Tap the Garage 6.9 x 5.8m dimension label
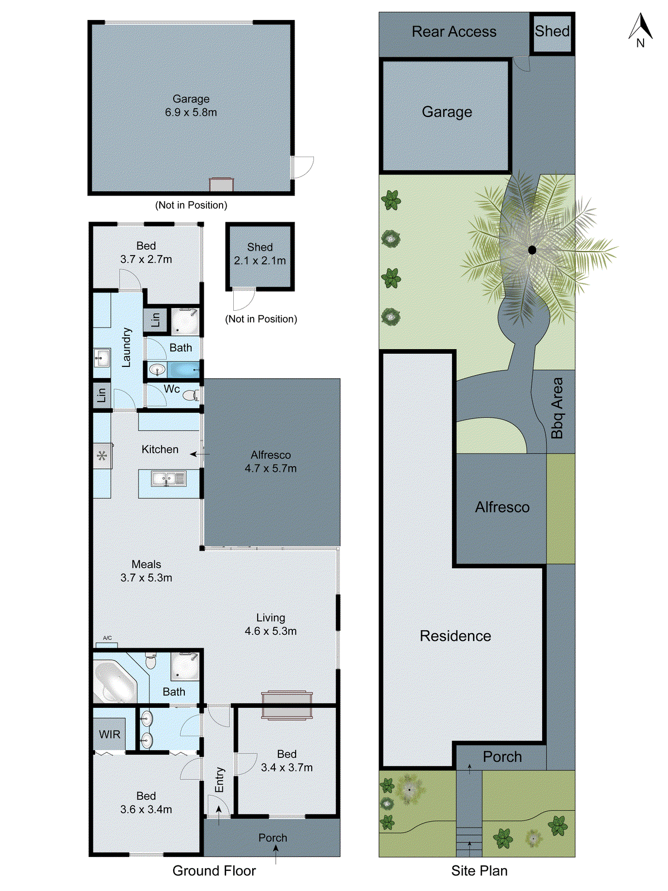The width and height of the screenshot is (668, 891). coord(191,106)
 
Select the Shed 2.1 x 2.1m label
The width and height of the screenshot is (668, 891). coord(259,254)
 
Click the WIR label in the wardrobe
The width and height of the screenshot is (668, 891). coord(110,735)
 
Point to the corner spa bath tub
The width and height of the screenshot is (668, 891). coord(115,681)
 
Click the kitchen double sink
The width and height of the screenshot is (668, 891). coord(169,478)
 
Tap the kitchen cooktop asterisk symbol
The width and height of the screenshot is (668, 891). coord(102,456)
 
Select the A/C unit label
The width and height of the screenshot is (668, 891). coord(107,638)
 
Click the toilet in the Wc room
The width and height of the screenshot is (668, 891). coord(190,395)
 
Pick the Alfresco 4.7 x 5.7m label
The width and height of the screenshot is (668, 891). coord(271,462)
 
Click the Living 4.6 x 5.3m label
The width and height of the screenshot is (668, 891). coord(271,624)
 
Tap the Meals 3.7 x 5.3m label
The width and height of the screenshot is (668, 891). coord(146,571)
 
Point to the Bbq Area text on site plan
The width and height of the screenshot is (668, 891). coord(557,408)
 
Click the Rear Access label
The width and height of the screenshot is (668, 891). coord(454,32)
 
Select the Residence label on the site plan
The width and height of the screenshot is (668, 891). coord(455,636)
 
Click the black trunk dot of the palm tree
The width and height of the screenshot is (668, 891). coord(532,250)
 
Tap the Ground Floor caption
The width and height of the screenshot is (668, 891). coord(214,870)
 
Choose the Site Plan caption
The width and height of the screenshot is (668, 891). coord(479,870)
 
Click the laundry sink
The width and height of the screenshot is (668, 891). coord(101,358)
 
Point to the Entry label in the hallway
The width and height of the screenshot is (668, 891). coord(219,780)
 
